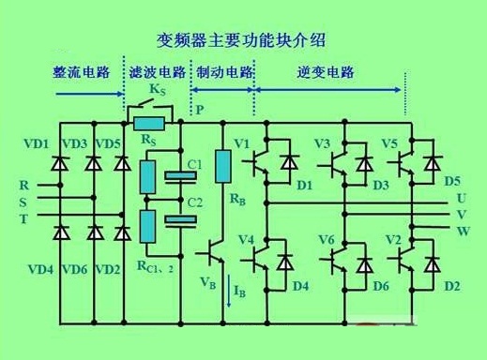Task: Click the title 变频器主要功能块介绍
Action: click(245, 40)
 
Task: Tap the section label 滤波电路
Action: click(157, 73)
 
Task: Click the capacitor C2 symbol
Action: click(175, 221)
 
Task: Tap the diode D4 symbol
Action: click(288, 260)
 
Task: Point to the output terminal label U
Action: click(461, 198)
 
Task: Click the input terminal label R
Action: click(23, 184)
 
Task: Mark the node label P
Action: click(200, 110)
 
